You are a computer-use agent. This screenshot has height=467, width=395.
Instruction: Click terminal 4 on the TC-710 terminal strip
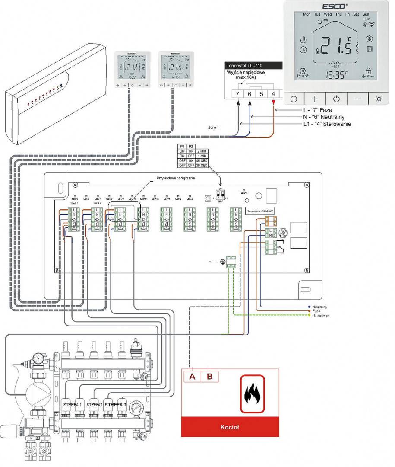click(273, 93)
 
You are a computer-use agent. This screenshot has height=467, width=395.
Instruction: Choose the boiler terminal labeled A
click(192, 377)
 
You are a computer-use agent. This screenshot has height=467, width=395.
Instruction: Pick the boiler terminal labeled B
click(210, 377)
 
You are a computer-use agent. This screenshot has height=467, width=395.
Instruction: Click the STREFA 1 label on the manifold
click(72, 405)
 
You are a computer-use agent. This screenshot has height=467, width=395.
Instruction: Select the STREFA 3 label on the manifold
click(115, 405)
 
